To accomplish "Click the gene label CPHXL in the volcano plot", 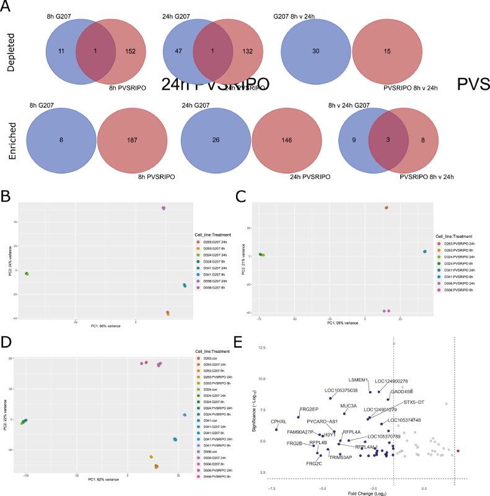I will tap(279, 421).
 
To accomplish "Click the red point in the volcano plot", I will tap(458, 451).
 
